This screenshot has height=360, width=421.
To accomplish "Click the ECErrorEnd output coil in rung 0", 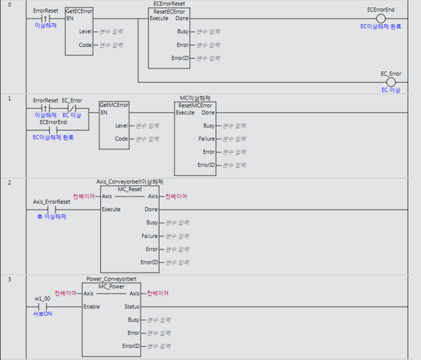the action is click(x=380, y=18).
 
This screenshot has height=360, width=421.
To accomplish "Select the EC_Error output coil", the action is click(x=391, y=82).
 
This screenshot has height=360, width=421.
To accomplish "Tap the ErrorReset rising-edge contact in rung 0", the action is click(x=45, y=18).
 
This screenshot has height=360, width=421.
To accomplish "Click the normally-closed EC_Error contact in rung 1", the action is click(x=72, y=108).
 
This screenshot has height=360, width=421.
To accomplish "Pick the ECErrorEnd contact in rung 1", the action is click(x=53, y=130).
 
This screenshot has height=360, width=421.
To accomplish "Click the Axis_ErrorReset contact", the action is click(x=52, y=209).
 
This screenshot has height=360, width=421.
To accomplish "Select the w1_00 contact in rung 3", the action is click(x=43, y=306).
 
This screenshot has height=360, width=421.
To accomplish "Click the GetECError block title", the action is click(x=79, y=11).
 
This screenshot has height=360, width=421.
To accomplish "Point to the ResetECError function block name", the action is click(x=169, y=12).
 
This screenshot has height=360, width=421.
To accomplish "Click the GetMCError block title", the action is click(x=114, y=105).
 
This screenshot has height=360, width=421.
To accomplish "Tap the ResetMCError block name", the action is click(x=195, y=105).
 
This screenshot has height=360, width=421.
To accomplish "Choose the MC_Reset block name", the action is click(x=129, y=189).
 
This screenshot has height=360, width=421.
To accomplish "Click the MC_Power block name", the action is click(x=112, y=286).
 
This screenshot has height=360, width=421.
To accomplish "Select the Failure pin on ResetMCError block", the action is click(x=206, y=139).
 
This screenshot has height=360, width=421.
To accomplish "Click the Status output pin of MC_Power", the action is click(x=132, y=306).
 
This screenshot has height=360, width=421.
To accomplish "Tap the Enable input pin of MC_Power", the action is click(x=92, y=306).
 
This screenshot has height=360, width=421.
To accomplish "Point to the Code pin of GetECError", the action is click(x=85, y=45).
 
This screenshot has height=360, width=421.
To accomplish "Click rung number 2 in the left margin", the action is click(x=9, y=183).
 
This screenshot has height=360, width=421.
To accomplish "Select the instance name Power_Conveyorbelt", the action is click(x=112, y=279).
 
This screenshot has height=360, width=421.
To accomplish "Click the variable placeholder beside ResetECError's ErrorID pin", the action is click(x=208, y=58).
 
